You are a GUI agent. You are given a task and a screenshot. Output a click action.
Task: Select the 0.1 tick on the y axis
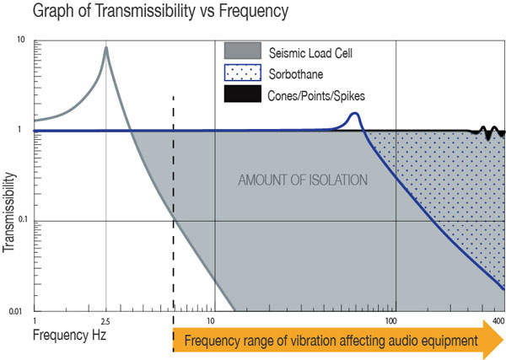point(18,220)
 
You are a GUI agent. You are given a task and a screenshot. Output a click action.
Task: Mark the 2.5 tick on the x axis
point(105,321)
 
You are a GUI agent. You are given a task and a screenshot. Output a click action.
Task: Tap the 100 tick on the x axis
point(392,321)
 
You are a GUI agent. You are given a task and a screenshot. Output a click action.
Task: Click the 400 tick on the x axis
point(498,321)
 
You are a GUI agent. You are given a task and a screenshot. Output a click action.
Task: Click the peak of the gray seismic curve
point(106,48)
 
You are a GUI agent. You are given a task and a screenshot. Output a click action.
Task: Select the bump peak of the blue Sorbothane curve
point(355,114)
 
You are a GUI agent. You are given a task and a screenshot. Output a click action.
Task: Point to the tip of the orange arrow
point(503,341)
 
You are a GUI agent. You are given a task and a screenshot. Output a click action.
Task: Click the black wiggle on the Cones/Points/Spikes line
point(488,132)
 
